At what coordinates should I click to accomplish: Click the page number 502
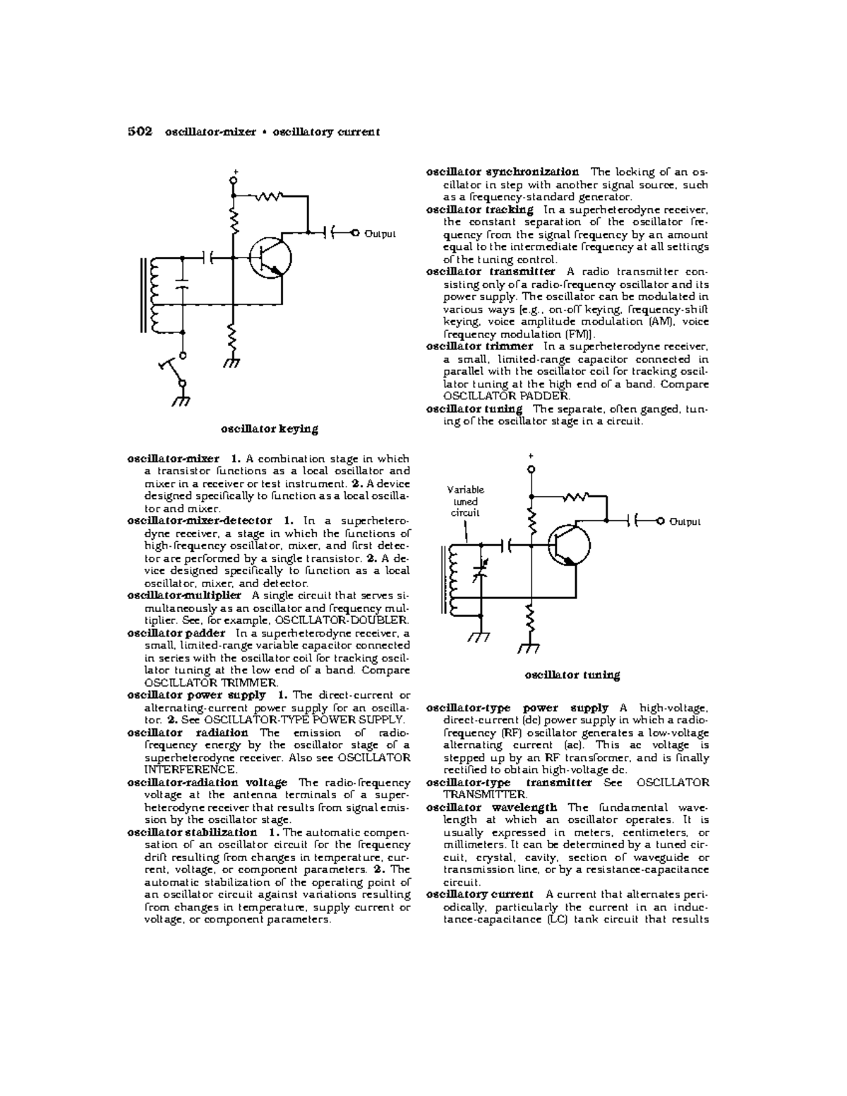140,131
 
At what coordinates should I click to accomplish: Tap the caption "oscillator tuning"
572,675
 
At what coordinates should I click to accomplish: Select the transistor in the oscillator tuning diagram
569,545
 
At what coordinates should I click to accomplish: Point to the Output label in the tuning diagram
685,522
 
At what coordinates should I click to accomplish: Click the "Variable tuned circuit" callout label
466,501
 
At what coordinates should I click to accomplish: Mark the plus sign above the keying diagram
235,171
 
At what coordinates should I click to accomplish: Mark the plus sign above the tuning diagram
532,457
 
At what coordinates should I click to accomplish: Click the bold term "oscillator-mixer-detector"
199,521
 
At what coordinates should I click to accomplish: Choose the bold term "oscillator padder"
176,633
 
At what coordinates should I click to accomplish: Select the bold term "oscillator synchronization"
502,172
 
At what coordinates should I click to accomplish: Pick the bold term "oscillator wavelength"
491,807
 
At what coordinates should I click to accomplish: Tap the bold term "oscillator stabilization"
192,832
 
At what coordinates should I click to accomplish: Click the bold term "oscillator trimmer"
479,347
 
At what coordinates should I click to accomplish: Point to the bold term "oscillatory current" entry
479,895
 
